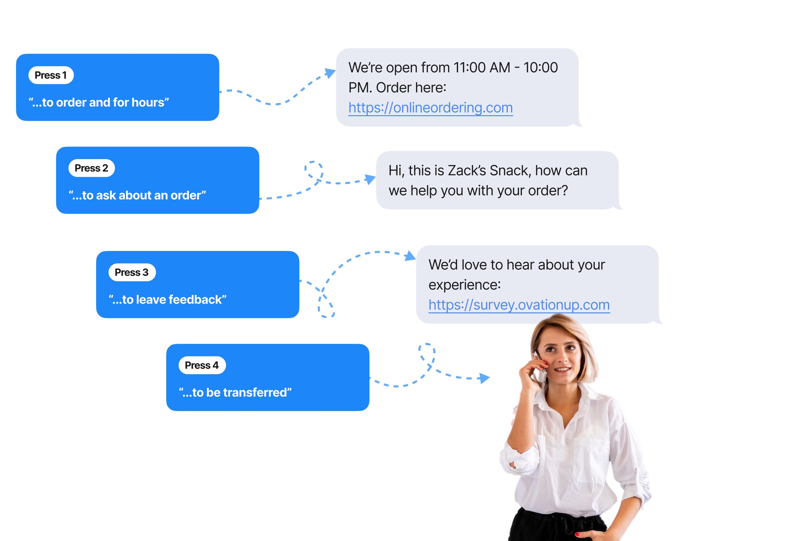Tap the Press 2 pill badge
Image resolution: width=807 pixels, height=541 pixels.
91,168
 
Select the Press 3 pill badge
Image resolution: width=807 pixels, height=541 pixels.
132,272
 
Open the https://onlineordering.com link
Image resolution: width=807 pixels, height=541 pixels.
431,108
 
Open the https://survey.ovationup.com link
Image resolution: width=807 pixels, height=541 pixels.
519,305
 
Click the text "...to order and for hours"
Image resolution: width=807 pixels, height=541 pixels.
99,102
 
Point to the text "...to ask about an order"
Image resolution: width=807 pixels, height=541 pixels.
137,195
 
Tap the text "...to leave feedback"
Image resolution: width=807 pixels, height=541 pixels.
167,300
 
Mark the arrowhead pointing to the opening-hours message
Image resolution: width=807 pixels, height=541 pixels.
330,73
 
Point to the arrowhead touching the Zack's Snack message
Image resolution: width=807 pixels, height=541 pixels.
370,179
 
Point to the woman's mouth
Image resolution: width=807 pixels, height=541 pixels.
563,369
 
